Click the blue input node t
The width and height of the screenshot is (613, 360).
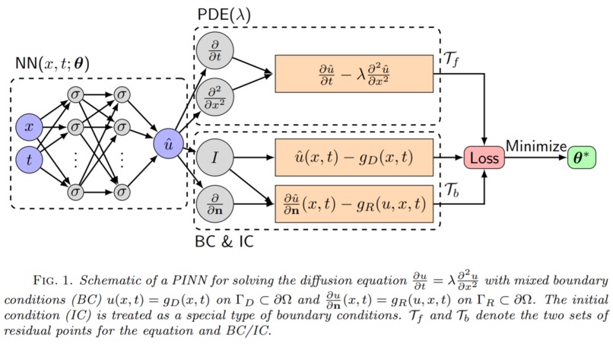(x=30, y=161)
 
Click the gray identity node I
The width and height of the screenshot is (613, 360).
(x=215, y=158)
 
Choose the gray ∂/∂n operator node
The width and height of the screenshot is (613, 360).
(x=215, y=203)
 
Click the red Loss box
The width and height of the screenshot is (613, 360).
(x=484, y=159)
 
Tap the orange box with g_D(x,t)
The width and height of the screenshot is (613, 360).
(x=353, y=158)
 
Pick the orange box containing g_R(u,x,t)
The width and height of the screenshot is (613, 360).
(x=353, y=203)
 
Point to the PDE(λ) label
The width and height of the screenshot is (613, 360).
(x=224, y=15)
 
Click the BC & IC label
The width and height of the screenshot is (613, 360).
(x=224, y=242)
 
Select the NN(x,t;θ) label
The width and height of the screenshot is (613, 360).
(x=52, y=65)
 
